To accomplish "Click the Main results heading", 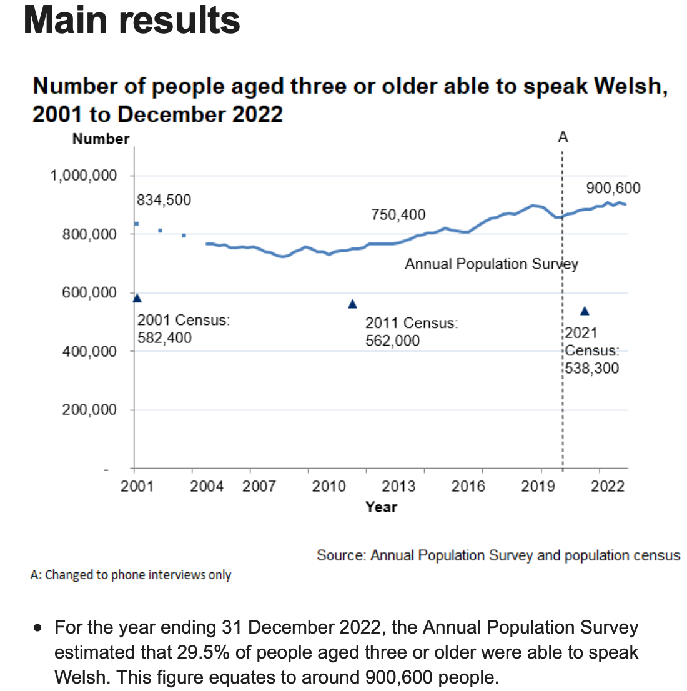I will [132, 20].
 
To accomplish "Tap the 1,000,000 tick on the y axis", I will [84, 176].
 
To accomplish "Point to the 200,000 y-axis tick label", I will [89, 410].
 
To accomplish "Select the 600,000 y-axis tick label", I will [89, 293].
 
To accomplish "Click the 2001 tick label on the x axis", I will [137, 486].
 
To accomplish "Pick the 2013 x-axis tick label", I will [398, 486].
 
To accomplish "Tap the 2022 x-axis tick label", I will [608, 486].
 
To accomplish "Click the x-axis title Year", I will [381, 507].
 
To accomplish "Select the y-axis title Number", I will [101, 139].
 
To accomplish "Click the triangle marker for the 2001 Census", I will [137, 298].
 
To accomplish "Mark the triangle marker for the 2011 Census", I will [352, 304].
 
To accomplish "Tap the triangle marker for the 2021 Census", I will [585, 311].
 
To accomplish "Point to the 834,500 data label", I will [164, 200].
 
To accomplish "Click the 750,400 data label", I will [398, 215].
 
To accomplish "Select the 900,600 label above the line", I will [613, 188].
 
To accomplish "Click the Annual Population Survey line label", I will [491, 264].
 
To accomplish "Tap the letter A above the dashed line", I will [563, 137].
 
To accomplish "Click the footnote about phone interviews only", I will [131, 575].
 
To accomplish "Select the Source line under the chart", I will [498, 555].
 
